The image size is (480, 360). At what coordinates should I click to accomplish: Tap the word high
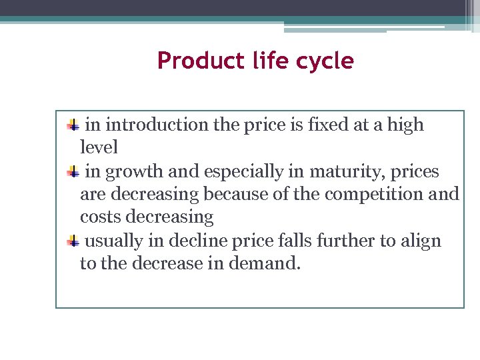tap(403, 125)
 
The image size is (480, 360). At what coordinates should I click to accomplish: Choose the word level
tap(99, 147)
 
